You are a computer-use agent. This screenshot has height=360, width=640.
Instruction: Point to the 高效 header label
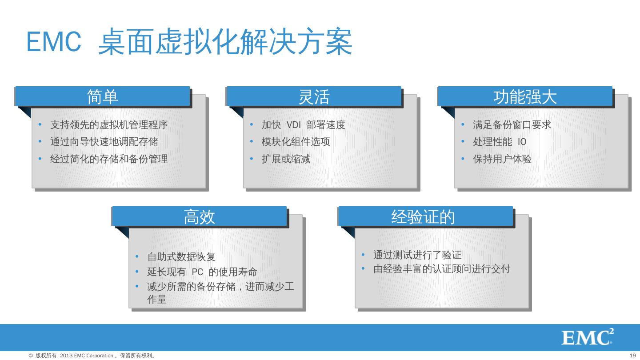199,217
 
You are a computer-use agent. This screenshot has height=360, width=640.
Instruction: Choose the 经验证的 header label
423,217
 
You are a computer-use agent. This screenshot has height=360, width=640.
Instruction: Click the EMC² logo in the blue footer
587,337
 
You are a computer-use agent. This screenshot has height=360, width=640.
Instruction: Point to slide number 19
633,356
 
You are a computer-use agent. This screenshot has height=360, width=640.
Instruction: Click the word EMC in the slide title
54,42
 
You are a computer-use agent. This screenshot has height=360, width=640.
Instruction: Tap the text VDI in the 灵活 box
294,125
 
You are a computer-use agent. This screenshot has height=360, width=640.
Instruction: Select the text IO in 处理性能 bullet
522,142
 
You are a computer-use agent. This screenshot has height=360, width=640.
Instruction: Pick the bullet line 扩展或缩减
286,159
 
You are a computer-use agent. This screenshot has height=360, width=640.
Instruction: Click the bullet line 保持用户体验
502,159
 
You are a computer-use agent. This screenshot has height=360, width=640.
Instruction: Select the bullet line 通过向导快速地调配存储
104,142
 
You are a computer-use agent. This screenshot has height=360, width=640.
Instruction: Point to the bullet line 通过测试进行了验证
417,255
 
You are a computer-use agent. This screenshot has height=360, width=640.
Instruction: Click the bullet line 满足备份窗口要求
512,125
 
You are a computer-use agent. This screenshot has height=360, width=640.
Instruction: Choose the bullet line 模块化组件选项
296,142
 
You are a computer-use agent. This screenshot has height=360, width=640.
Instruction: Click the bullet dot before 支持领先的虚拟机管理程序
40,125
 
